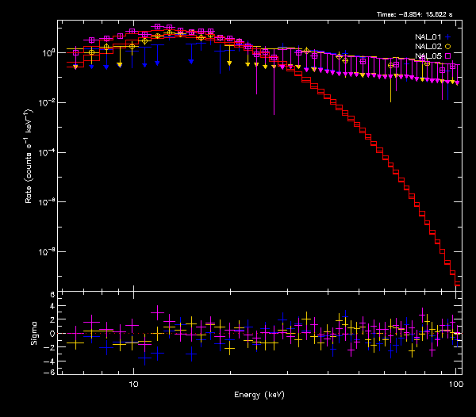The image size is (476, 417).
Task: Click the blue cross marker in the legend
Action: (x=448, y=36)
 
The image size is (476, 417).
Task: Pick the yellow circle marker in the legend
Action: (x=448, y=47)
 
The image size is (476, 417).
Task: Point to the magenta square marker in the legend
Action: (x=448, y=56)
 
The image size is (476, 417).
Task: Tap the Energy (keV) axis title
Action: (x=259, y=394)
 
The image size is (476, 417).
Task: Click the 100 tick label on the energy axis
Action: (x=455, y=384)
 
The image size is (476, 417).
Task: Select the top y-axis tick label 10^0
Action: (x=47, y=52)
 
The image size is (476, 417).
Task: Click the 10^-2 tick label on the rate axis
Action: (x=45, y=102)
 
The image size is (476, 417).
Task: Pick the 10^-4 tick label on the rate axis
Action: (x=45, y=152)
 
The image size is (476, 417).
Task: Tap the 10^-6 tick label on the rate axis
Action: (x=45, y=202)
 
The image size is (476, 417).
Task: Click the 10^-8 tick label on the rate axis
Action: (x=45, y=252)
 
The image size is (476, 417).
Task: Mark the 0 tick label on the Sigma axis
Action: (x=52, y=334)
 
